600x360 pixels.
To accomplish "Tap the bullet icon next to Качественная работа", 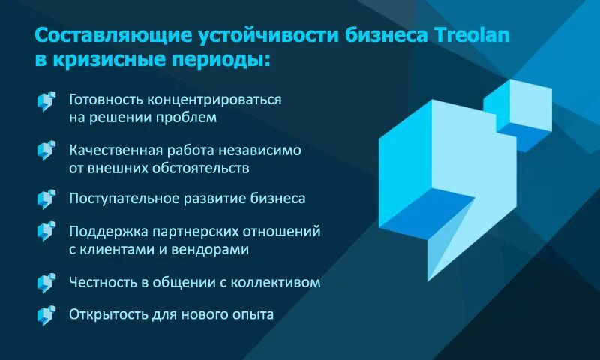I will pyautogui.click(x=46, y=150).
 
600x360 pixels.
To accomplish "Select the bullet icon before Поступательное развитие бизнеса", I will pyautogui.click(x=46, y=199).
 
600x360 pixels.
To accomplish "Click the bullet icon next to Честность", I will pyautogui.click(x=46, y=282).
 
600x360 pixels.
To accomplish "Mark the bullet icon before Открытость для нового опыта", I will pyautogui.click(x=46, y=314).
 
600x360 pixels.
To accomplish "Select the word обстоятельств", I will pyautogui.click(x=198, y=168).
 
